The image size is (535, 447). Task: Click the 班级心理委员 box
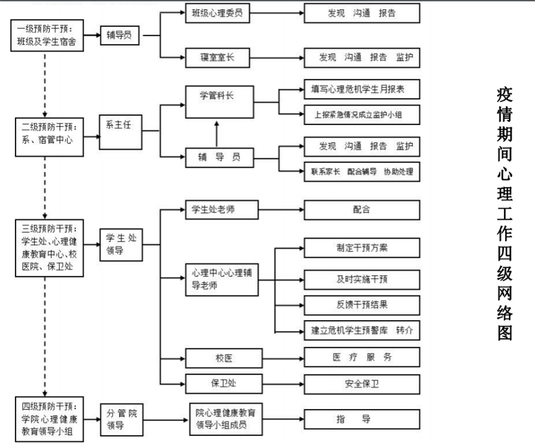click(x=218, y=13)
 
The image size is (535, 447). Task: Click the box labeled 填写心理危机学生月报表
click(x=361, y=90)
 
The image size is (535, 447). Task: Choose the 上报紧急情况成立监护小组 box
click(x=361, y=115)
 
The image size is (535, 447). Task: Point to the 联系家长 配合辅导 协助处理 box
click(x=361, y=171)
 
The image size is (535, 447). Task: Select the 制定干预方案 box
click(x=361, y=248)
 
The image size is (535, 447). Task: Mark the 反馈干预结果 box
click(x=361, y=304)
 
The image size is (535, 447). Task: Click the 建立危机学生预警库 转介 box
click(x=361, y=330)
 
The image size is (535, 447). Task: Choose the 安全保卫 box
click(x=361, y=383)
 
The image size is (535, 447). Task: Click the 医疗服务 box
click(x=361, y=357)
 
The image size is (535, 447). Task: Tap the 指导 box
click(x=361, y=419)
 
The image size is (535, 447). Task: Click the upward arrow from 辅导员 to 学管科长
click(x=216, y=133)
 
